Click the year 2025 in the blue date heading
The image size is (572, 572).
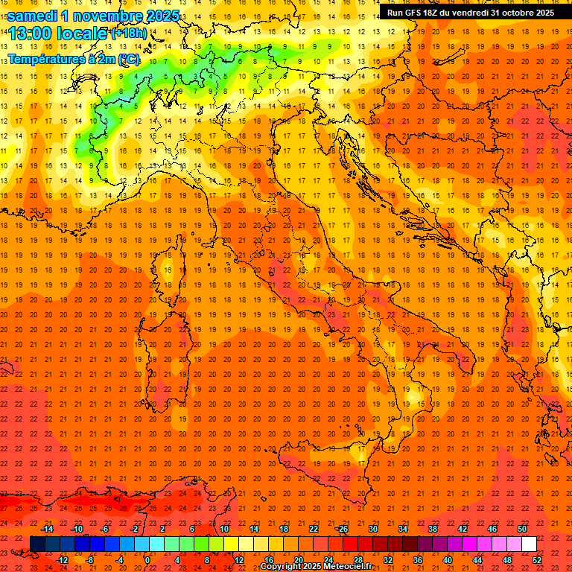pyautogui.click(x=158, y=16)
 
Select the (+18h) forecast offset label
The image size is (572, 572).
pyautogui.click(x=129, y=34)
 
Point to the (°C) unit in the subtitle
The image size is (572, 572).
pyautogui.click(x=128, y=58)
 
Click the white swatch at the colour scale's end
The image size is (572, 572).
pyautogui.click(x=529, y=544)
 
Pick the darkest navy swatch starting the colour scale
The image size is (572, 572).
pyautogui.click(x=37, y=544)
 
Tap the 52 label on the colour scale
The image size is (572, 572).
pyautogui.click(x=537, y=559)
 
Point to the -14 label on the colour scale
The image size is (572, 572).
pyautogui.click(x=47, y=529)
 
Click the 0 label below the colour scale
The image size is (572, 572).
pyautogui.click(x=148, y=559)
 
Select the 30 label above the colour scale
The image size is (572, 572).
pyautogui.click(x=372, y=529)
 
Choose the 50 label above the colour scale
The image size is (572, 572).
pyautogui.click(x=521, y=529)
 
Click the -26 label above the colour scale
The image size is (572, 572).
pyautogui.click(x=342, y=529)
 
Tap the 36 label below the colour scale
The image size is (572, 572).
pyautogui.click(x=417, y=559)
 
